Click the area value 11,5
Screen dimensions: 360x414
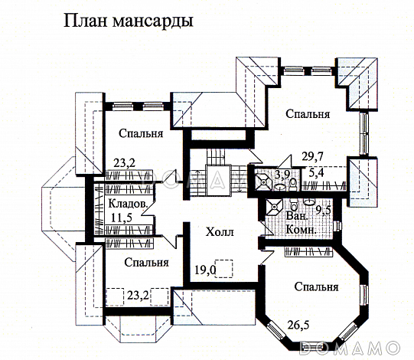120,218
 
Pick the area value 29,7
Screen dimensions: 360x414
311,156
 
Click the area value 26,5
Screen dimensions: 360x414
299,324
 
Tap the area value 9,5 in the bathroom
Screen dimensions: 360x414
323,210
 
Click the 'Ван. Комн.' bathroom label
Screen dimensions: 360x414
295,224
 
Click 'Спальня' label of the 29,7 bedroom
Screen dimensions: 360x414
308,114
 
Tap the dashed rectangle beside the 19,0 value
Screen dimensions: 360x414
227,270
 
